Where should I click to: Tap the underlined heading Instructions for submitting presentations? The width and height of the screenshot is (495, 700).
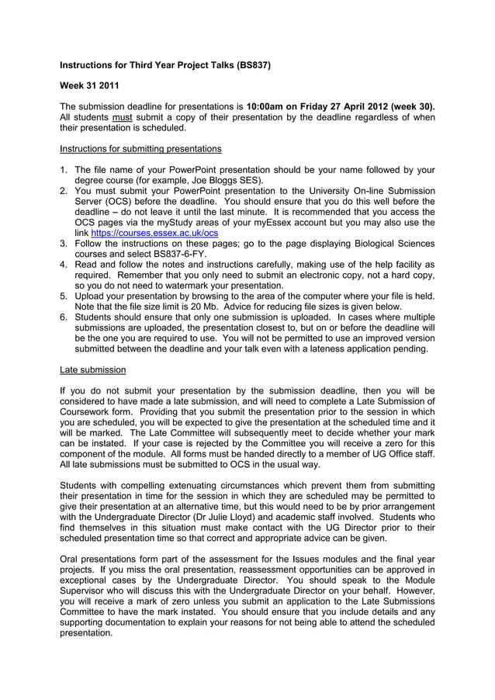pos(140,148)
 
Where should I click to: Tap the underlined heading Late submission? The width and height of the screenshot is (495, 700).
pos(92,369)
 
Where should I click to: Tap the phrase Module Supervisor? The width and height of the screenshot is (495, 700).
pos(396,580)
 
